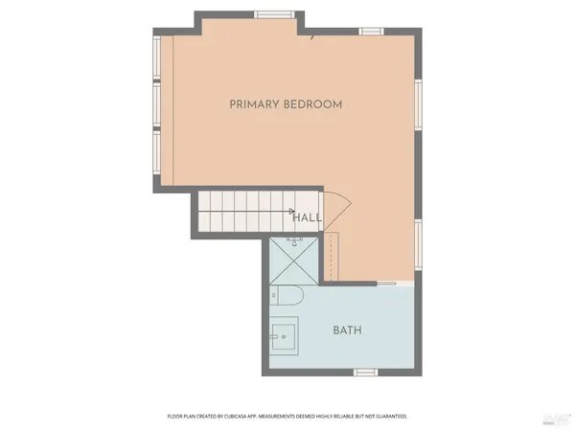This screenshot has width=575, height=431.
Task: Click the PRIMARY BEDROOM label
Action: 286,103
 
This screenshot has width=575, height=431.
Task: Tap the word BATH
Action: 347,330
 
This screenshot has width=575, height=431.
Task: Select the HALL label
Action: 307,217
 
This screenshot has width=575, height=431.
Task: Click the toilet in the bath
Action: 287,297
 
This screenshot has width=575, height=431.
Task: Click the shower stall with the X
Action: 294,258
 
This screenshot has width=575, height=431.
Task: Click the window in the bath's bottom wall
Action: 367,372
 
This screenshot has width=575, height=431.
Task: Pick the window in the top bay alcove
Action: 267,14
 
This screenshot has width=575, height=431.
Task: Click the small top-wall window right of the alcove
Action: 372,32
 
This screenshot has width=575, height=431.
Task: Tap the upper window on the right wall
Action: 419,102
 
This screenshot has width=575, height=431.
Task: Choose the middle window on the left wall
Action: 157,106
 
